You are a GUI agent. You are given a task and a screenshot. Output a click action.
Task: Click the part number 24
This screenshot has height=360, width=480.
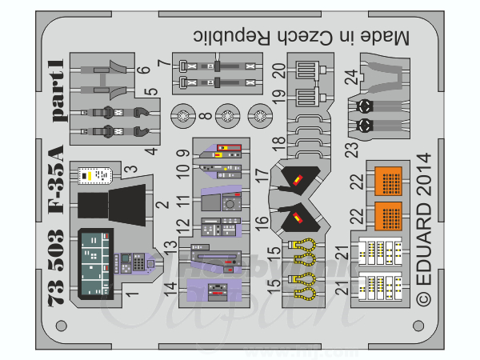pos(350,78)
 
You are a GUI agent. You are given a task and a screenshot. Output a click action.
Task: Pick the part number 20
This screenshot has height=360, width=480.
pos(278,71)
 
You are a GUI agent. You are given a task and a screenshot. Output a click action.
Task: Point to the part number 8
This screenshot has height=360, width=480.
pos(206,118)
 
